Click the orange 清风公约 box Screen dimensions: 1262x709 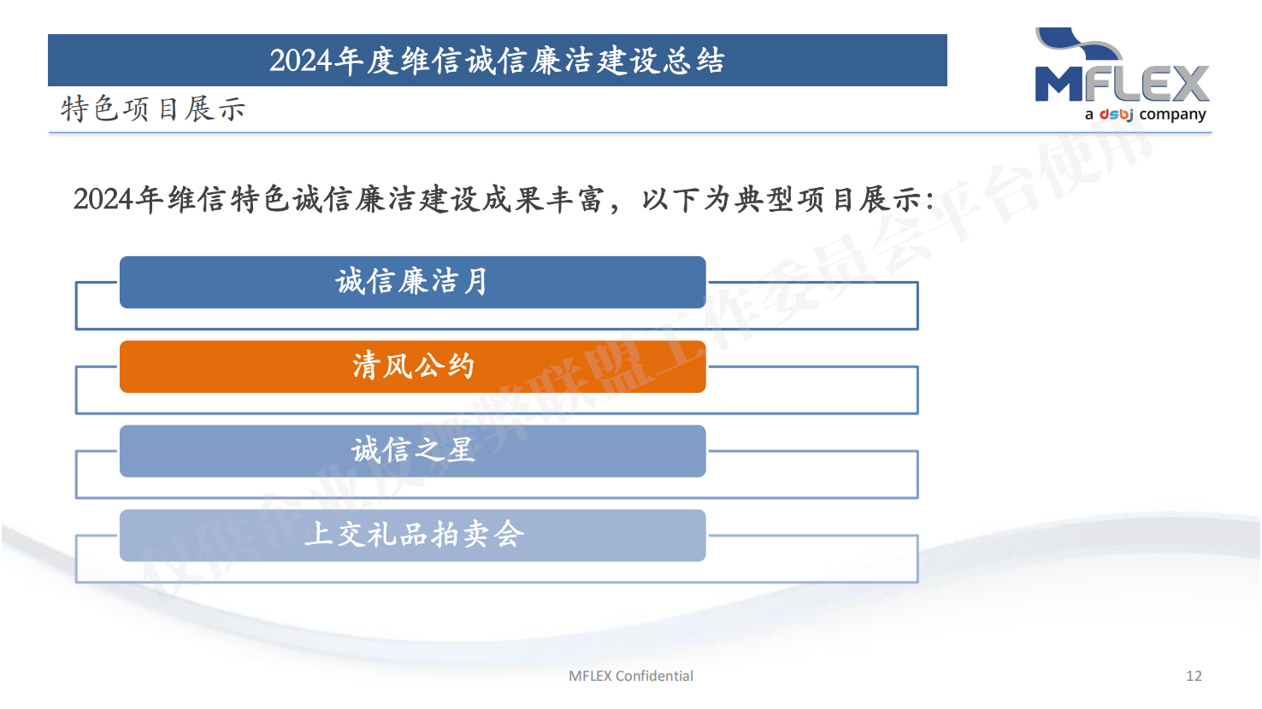pyautogui.click(x=412, y=366)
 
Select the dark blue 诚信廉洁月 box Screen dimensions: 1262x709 pyautogui.click(x=412, y=282)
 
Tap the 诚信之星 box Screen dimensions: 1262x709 pyautogui.click(x=412, y=451)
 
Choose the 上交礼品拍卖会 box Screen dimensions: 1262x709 pyautogui.click(x=412, y=535)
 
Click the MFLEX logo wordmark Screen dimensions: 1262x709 pyautogui.click(x=1122, y=83)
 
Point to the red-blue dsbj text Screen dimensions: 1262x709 pyautogui.click(x=1116, y=114)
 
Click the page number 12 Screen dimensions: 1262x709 pyautogui.click(x=1194, y=676)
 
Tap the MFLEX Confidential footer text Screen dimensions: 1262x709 pyautogui.click(x=630, y=676)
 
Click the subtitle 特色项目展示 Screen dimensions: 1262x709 pyautogui.click(x=153, y=108)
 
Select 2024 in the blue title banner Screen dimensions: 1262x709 pyautogui.click(x=300, y=60)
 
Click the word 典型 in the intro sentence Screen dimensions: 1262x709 pyautogui.click(x=764, y=199)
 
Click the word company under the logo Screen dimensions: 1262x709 pyautogui.click(x=1172, y=114)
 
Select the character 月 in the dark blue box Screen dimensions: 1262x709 pyautogui.click(x=476, y=281)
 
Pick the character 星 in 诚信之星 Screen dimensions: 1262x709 pyautogui.click(x=460, y=450)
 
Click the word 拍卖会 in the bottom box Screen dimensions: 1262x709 pyautogui.click(x=478, y=535)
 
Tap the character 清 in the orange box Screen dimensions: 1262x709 pyautogui.click(x=365, y=366)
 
